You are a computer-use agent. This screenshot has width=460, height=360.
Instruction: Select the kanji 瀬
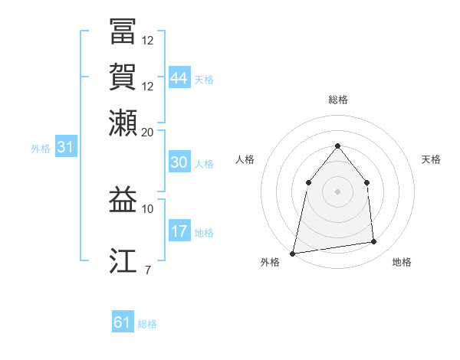point(123,122)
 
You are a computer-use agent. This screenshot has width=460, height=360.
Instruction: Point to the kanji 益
point(123,201)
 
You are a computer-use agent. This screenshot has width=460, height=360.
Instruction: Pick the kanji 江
point(123,260)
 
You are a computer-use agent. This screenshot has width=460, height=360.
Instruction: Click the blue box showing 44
point(179,78)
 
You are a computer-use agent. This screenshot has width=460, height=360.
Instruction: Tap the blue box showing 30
point(179,162)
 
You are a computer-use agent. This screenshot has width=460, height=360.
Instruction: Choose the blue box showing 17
point(179,231)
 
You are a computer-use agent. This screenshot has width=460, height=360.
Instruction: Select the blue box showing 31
point(65,148)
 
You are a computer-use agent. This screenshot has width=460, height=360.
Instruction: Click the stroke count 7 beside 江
point(147,269)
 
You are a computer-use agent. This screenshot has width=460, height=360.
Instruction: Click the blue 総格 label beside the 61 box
point(147,325)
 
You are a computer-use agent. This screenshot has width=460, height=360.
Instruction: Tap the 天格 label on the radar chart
point(431,159)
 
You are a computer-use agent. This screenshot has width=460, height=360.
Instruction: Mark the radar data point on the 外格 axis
point(293,253)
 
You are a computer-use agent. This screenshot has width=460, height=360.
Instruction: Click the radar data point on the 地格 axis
point(374,242)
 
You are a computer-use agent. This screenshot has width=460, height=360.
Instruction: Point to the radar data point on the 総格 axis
point(337,146)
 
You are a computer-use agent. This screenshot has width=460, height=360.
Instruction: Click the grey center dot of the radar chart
point(337,191)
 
